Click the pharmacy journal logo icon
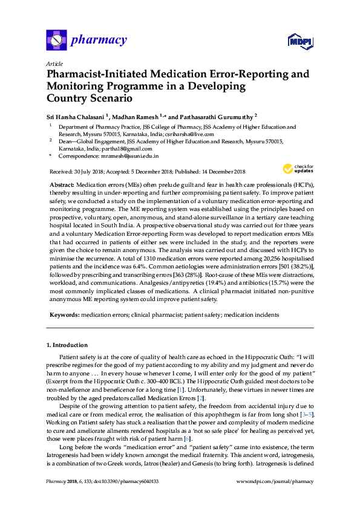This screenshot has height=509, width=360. coord(56,41)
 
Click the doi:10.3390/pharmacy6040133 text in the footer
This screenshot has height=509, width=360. coord(119,499)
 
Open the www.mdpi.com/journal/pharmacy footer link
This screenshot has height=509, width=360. coord(275,499)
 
